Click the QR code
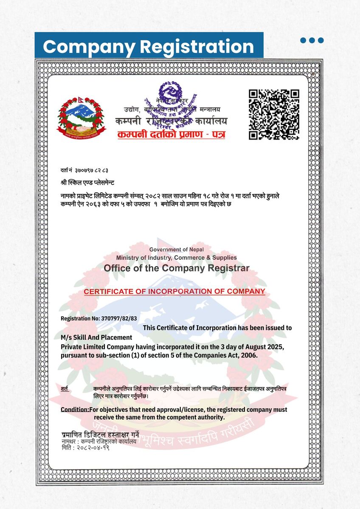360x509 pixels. click(x=274, y=115)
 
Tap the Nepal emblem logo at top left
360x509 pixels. click(x=81, y=117)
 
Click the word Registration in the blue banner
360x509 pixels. click(x=197, y=46)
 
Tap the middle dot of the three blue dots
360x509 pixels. click(x=312, y=40)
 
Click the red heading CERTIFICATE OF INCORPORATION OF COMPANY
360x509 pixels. click(x=174, y=292)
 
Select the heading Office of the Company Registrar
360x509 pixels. click(x=177, y=268)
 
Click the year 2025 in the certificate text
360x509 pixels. click(x=270, y=347)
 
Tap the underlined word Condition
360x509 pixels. click(x=75, y=410)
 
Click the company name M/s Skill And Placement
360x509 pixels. click(x=97, y=337)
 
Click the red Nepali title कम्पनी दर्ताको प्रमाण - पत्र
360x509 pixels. click(x=172, y=135)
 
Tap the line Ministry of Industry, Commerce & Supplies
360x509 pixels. click(x=177, y=258)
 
